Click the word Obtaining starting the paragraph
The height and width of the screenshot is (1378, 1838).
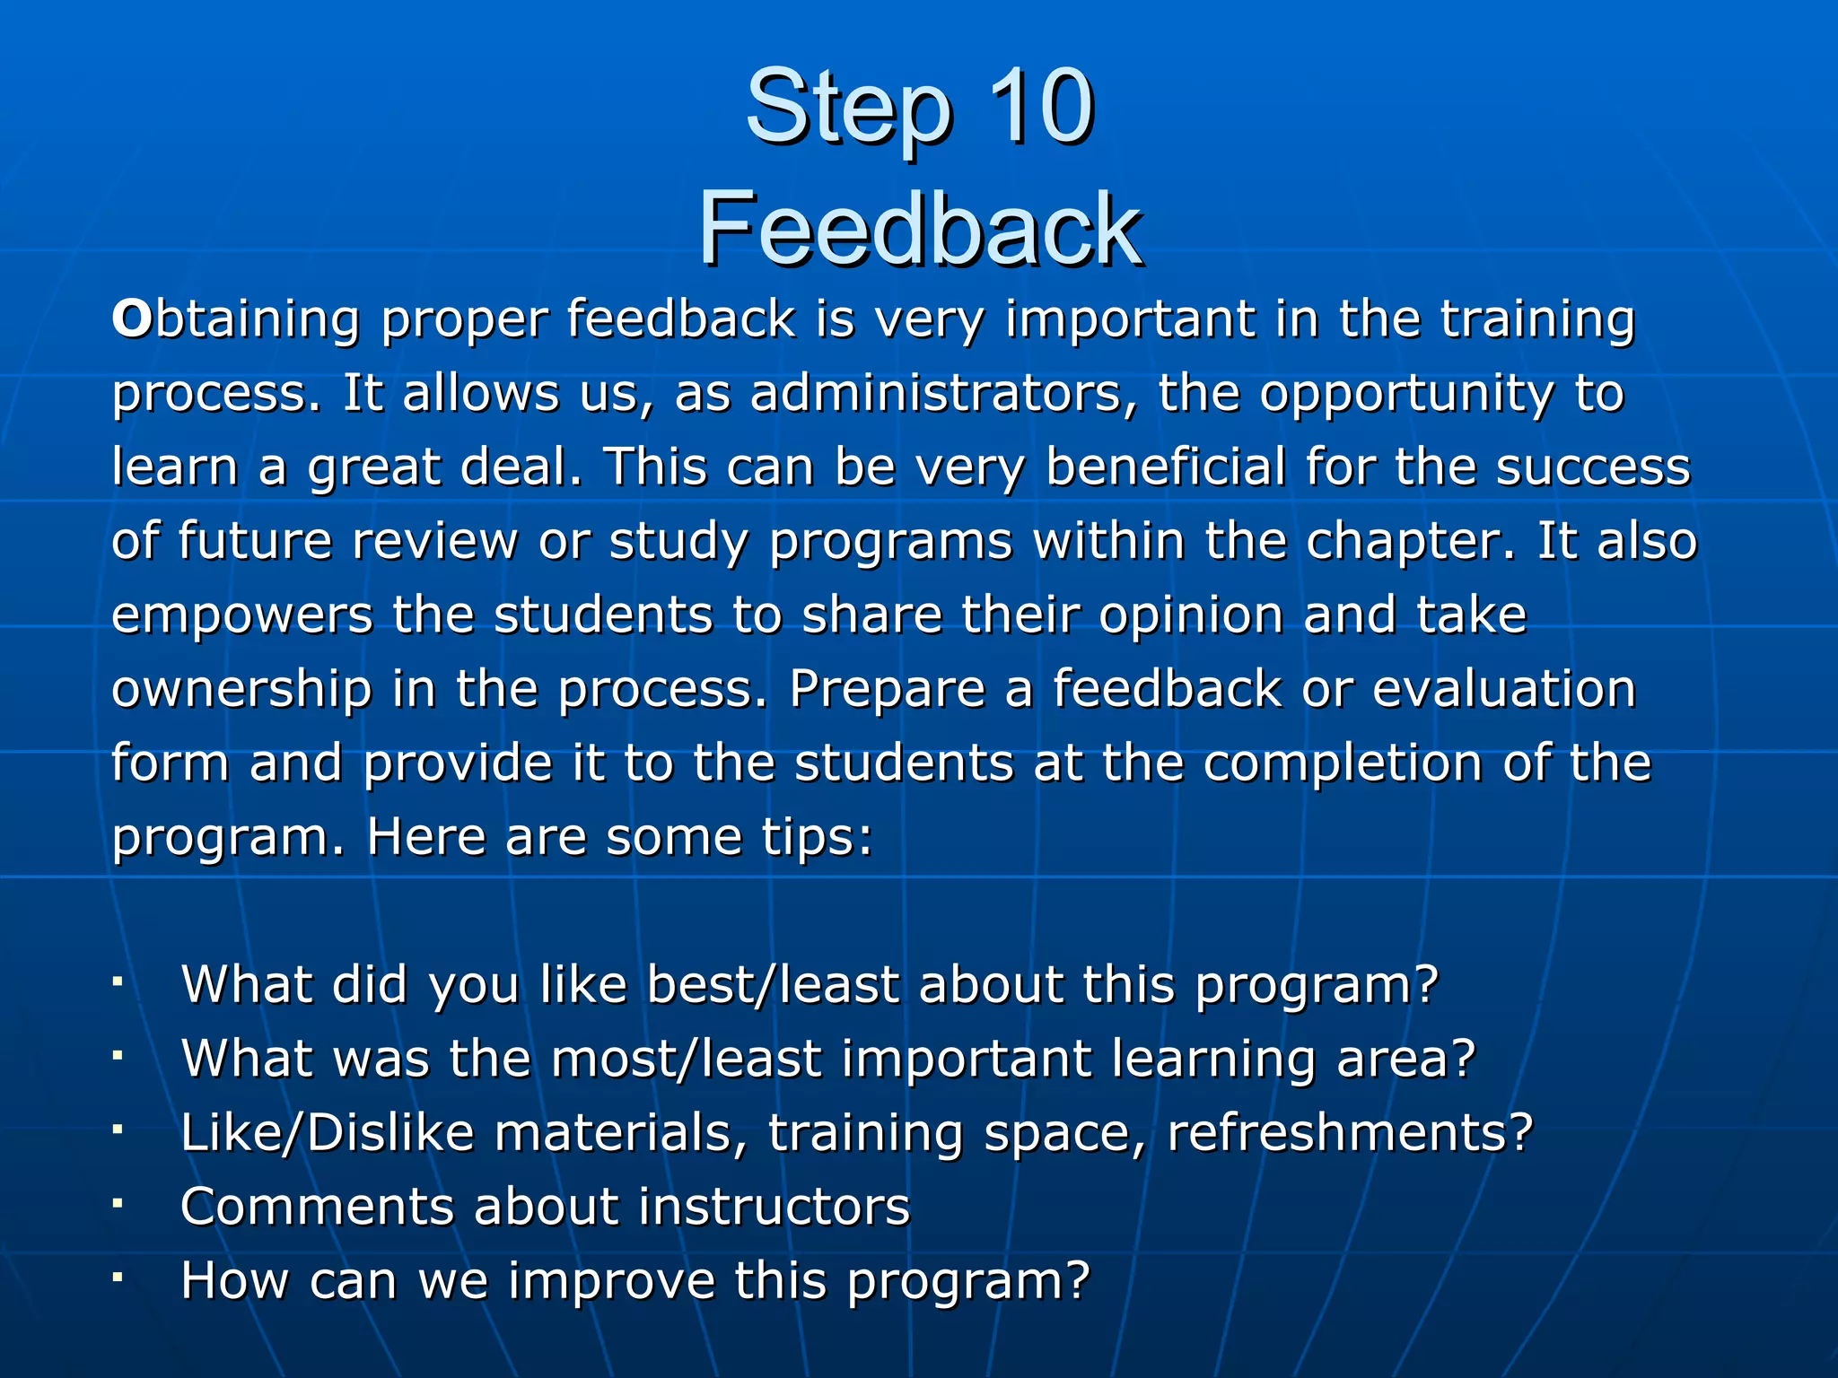pyautogui.click(x=235, y=320)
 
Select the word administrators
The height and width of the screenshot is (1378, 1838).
pyautogui.click(x=943, y=393)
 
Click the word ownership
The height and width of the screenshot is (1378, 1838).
pyautogui.click(x=241, y=690)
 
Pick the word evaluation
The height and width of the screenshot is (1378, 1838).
pyautogui.click(x=1504, y=689)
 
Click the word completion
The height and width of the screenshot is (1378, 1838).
pyautogui.click(x=1342, y=763)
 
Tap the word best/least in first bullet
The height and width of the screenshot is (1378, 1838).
pyautogui.click(x=773, y=984)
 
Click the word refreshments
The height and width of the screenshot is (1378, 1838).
pyautogui.click(x=1350, y=1132)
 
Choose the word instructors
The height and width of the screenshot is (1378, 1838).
pyautogui.click(x=774, y=1206)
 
